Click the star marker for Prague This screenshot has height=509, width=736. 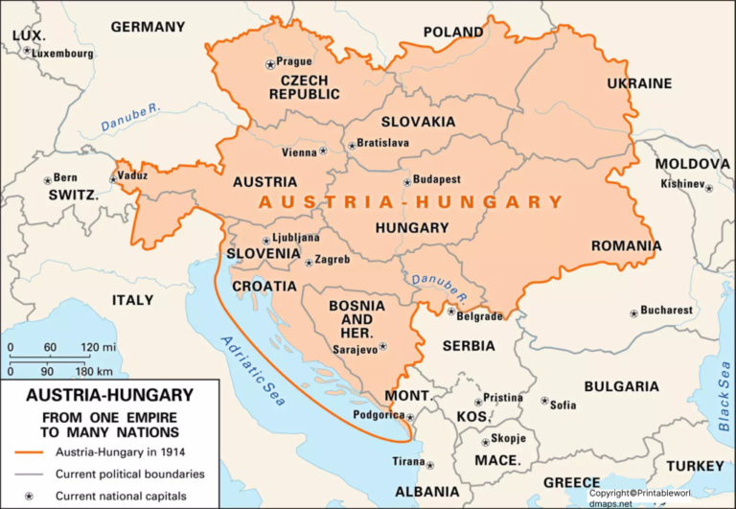(269, 64)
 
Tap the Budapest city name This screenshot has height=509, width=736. (437, 179)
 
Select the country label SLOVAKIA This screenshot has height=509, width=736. (418, 122)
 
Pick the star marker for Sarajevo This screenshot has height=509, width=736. (383, 346)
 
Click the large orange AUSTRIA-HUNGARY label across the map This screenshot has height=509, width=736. (411, 202)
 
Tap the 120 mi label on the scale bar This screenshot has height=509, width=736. (98, 347)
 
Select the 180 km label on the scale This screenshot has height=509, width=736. (97, 370)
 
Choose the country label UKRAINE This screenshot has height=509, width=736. (639, 83)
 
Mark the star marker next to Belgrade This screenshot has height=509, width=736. (451, 311)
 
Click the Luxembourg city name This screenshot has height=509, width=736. (63, 54)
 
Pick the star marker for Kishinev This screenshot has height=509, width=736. (709, 189)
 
